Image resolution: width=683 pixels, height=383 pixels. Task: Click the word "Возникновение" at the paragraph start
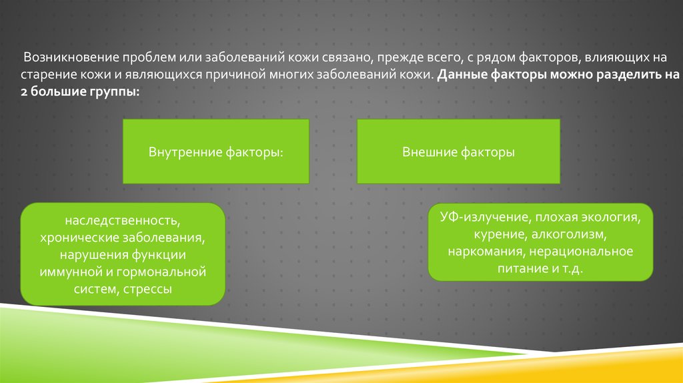pyautogui.click(x=71, y=57)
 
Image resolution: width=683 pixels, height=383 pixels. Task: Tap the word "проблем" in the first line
pyautogui.click(x=147, y=57)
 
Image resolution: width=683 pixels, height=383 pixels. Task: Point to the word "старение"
pyautogui.click(x=48, y=75)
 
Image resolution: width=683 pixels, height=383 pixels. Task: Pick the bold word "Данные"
pyautogui.click(x=462, y=75)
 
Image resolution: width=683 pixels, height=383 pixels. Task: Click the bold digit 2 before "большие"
pyautogui.click(x=24, y=92)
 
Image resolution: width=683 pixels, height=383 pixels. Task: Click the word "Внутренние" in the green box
pyautogui.click(x=185, y=152)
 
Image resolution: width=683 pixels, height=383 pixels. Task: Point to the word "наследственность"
pyautogui.click(x=123, y=220)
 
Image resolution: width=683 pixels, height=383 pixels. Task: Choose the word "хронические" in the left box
pyautogui.click(x=79, y=238)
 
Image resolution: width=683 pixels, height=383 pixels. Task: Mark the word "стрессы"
pyautogui.click(x=147, y=290)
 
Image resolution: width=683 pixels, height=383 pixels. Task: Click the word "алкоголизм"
pyautogui.click(x=569, y=234)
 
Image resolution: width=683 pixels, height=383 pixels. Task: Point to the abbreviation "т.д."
pyautogui.click(x=572, y=268)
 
